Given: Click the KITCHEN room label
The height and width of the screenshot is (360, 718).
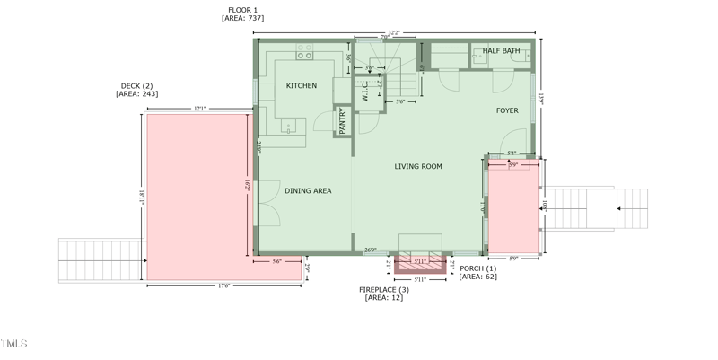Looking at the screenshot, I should pyautogui.click(x=301, y=86).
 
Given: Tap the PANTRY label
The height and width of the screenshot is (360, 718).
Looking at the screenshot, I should pyautogui.click(x=342, y=121).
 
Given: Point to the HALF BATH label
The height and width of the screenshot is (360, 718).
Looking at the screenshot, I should pyautogui.click(x=501, y=51).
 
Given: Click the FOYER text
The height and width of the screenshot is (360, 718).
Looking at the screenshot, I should pyautogui.click(x=507, y=110).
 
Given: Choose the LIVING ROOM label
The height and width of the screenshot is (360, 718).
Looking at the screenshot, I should pyautogui.click(x=418, y=166).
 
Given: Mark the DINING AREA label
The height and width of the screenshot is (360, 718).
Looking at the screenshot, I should pyautogui.click(x=308, y=190).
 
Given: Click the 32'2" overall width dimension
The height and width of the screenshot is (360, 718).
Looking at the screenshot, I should pyautogui.click(x=393, y=33).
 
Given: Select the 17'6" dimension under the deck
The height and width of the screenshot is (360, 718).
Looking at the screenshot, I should pyautogui.click(x=223, y=286).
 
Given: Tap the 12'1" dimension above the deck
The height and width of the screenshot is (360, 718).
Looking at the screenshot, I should pyautogui.click(x=199, y=109).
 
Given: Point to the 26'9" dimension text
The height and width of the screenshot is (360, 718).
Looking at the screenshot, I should pyautogui.click(x=371, y=250).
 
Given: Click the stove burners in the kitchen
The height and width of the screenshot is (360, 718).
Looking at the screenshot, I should pyautogui.click(x=304, y=55).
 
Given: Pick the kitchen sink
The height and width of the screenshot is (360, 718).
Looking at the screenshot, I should pyautogui.click(x=289, y=126).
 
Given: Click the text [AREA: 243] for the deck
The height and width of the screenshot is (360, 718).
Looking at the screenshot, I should pyautogui.click(x=137, y=94).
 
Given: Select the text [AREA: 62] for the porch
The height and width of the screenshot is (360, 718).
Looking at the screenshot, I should pyautogui.click(x=477, y=277).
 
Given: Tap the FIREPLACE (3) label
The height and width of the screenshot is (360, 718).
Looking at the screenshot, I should pyautogui.click(x=384, y=289).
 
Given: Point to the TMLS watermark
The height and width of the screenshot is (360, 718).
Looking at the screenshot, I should pyautogui.click(x=13, y=344).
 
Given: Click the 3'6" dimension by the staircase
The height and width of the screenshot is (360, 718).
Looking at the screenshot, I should pyautogui.click(x=400, y=102).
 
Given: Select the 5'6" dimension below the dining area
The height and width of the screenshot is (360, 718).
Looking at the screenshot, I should pyautogui.click(x=276, y=261).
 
